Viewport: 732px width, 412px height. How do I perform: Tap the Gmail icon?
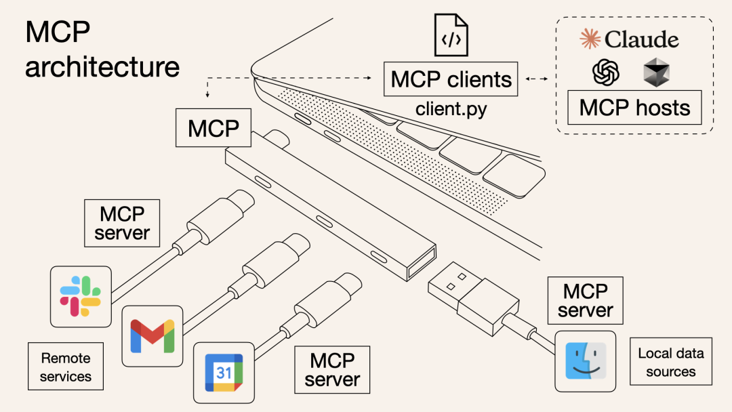[152, 335]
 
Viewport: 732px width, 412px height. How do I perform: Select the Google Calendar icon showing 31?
[224, 372]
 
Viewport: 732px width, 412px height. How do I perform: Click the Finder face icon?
[585, 361]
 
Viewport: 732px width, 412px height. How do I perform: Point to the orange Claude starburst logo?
[590, 39]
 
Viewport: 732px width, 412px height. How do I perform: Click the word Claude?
[641, 39]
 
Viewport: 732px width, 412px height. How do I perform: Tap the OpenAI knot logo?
[606, 72]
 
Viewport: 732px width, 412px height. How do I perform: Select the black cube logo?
[655, 72]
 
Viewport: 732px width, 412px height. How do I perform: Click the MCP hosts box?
[634, 108]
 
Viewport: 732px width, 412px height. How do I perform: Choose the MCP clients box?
[451, 79]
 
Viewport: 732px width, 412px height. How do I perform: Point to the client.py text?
[451, 108]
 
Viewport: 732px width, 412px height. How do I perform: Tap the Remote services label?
[66, 367]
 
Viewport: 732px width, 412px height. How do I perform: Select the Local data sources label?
[671, 362]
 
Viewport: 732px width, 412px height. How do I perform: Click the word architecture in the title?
[102, 67]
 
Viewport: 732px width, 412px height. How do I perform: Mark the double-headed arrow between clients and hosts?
[536, 79]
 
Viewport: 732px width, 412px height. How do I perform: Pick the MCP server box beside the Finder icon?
[586, 300]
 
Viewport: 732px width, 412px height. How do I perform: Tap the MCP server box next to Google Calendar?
[332, 369]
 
